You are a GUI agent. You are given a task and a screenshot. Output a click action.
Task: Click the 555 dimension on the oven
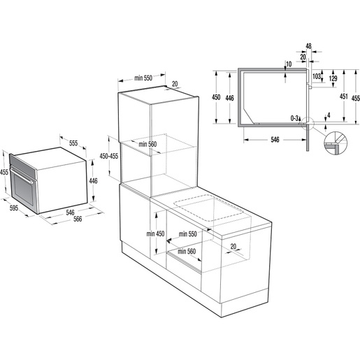tap(73, 143)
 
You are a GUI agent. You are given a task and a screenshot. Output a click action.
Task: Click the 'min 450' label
tap(156, 233)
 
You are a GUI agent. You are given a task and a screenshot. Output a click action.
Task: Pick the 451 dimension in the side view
tap(342, 97)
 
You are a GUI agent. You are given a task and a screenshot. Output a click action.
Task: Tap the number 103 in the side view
tap(317, 75)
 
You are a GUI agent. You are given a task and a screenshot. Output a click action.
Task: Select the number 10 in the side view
tap(289, 64)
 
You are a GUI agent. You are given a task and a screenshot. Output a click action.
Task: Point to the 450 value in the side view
tap(217, 97)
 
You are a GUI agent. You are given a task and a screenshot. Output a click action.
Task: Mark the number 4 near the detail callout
tap(327, 115)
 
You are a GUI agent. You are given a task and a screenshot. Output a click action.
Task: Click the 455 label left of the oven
tap(4, 172)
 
